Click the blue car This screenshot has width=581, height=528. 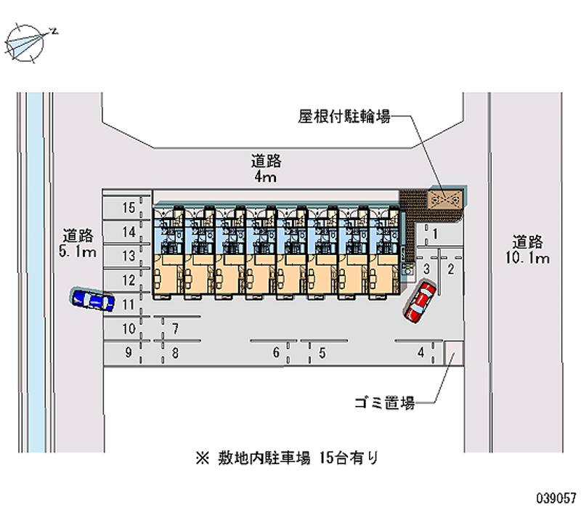pyautogui.click(x=93, y=299)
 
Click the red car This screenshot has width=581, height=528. pyautogui.click(x=420, y=301)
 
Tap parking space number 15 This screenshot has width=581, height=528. pyautogui.click(x=129, y=208)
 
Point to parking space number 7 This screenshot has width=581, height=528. pyautogui.click(x=175, y=328)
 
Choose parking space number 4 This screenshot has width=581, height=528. pyautogui.click(x=421, y=352)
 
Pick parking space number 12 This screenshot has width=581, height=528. pyautogui.click(x=129, y=280)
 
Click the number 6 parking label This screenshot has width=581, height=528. pyautogui.click(x=276, y=352)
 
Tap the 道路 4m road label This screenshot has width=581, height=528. pyautogui.click(x=266, y=168)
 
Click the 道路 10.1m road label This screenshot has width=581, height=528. pyautogui.click(x=528, y=250)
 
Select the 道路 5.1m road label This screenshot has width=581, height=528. pyautogui.click(x=78, y=243)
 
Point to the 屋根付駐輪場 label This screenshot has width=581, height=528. pyautogui.click(x=344, y=116)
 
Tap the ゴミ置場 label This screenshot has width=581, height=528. pyautogui.click(x=384, y=403)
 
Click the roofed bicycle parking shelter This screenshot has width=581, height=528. pyautogui.click(x=445, y=200)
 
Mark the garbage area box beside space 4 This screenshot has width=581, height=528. pyautogui.click(x=454, y=353)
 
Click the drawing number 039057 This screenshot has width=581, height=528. pyautogui.click(x=556, y=498)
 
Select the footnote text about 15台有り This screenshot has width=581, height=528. pyautogui.click(x=287, y=458)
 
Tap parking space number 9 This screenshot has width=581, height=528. pyautogui.click(x=129, y=352)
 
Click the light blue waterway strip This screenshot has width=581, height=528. pyautogui.click(x=36, y=272)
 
